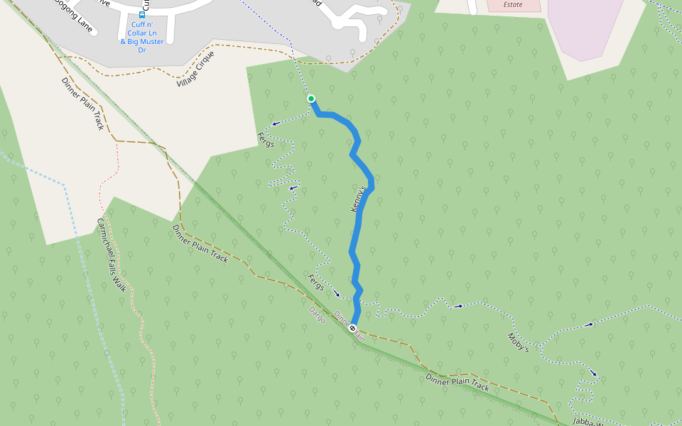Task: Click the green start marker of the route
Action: pos(310,99)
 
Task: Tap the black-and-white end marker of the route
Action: pos(352,327)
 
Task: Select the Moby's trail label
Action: pos(518,343)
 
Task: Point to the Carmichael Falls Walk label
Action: pos(112,254)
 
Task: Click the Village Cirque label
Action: pos(195,69)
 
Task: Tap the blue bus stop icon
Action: pos(141,14)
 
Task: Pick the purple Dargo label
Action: pos(317,315)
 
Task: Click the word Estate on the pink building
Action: pos(512,4)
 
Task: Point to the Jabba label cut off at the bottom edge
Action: pos(587,420)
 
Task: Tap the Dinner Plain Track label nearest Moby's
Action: pos(458,383)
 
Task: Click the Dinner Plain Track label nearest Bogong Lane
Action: pos(83,104)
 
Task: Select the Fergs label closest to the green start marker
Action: pos(266,139)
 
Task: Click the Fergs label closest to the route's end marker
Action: pos(316,282)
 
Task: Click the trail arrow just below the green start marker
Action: pos(276,123)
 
